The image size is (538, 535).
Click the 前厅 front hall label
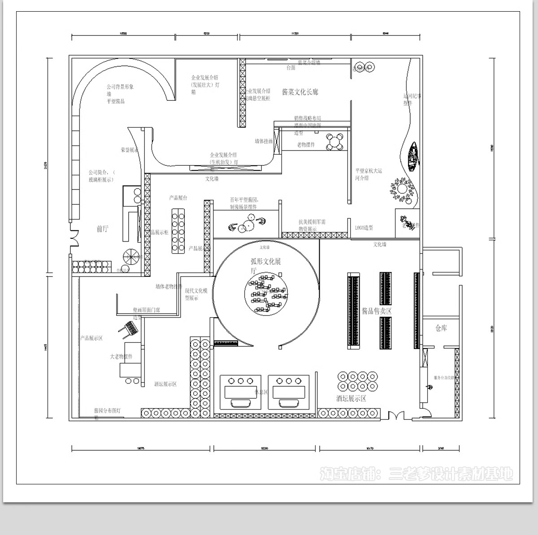click(103, 229)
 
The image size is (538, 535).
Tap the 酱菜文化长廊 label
click(300, 92)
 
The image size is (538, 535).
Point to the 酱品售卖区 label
click(377, 311)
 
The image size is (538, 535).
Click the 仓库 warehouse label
click(441, 328)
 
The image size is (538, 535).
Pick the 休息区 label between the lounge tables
click(261, 392)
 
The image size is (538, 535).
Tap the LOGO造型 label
click(364, 228)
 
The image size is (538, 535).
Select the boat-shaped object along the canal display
click(413, 156)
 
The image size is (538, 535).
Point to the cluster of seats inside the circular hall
click(265, 294)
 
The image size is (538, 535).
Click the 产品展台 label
click(178, 198)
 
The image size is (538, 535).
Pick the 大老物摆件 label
click(121, 357)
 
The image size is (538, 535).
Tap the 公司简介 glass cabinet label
click(102, 176)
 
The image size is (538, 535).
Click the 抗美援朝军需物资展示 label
click(312, 225)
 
